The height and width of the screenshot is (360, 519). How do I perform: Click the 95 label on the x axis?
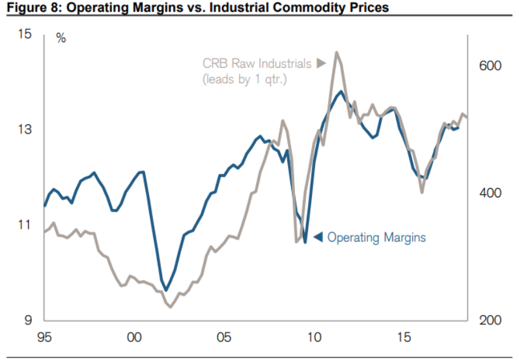44,337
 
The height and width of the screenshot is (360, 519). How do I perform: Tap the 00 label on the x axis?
134,337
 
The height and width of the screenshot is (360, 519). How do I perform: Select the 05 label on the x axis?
224,337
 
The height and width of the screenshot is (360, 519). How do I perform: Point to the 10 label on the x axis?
314,337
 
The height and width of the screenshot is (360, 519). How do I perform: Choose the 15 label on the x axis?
404,337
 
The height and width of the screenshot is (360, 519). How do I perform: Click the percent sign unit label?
61,38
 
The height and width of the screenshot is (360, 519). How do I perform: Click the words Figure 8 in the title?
26,8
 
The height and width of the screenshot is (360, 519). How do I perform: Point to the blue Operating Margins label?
376,238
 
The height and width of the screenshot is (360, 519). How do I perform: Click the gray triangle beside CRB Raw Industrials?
320,63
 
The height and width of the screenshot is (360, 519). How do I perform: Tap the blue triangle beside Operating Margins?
318,238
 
